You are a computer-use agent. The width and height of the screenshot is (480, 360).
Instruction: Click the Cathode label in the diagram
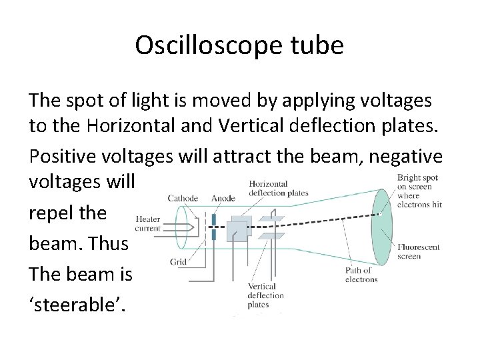coord(183,198)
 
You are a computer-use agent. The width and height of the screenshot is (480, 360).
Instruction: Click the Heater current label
coord(148,223)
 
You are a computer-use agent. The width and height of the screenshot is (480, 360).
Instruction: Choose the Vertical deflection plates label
coord(265,295)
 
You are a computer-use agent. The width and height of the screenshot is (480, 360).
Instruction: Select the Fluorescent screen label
coord(418,251)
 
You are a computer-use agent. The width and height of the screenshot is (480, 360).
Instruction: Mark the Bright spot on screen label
coord(419,191)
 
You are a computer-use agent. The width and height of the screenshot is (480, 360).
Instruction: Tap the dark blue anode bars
coord(213,227)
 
